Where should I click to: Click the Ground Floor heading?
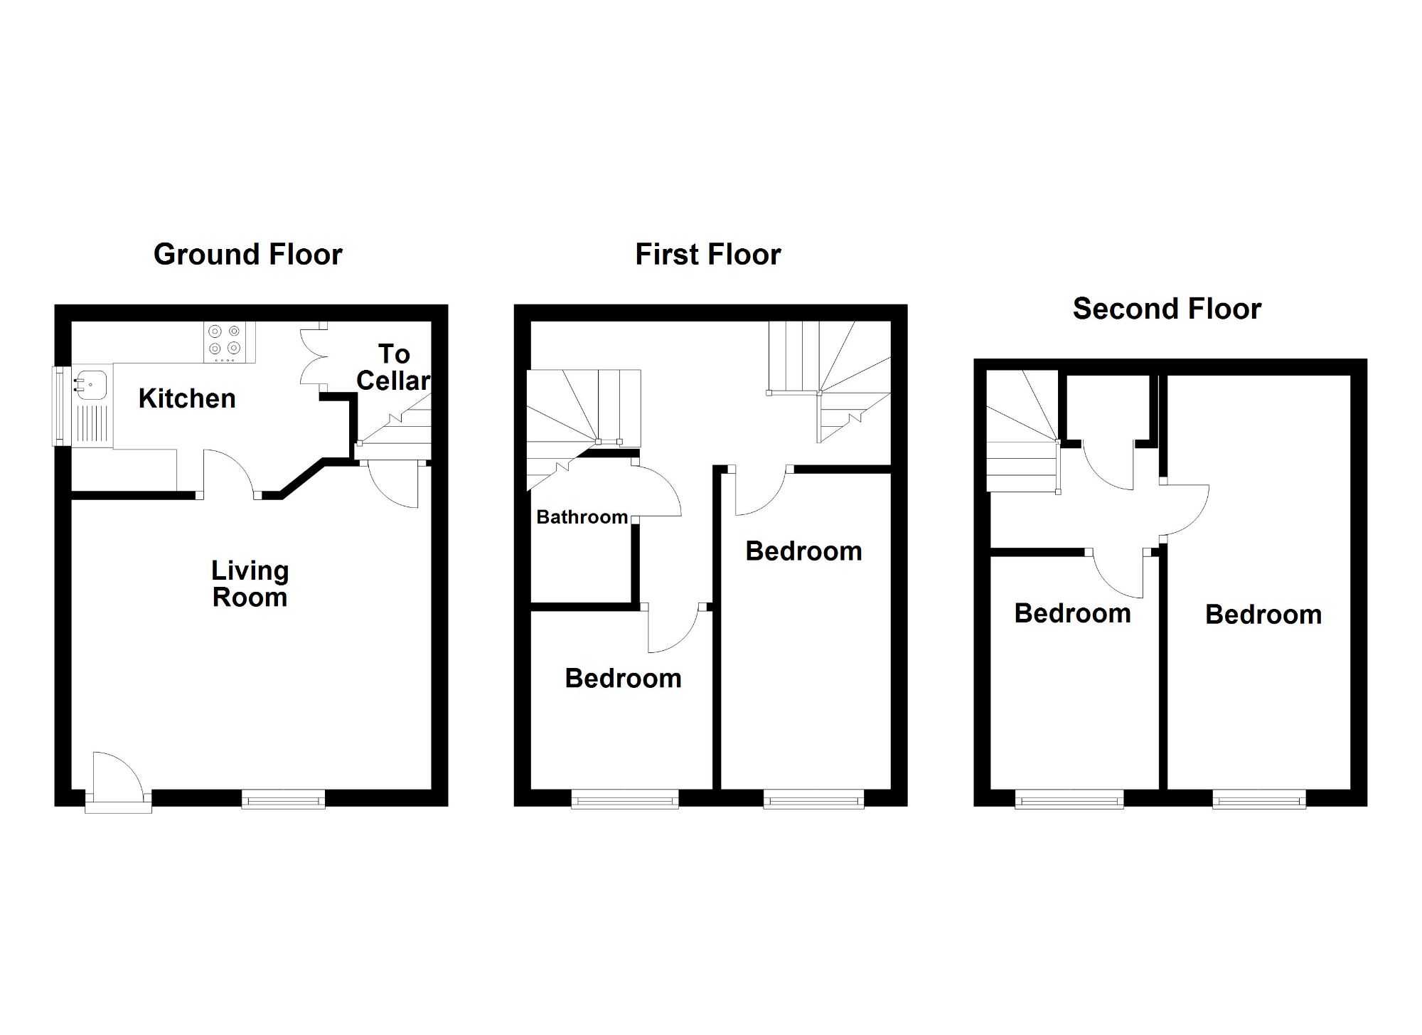(247, 255)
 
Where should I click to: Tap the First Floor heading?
(707, 255)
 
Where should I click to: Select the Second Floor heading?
(1167, 309)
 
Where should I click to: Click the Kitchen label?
(187, 399)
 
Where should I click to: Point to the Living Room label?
(250, 584)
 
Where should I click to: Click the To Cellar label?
(393, 368)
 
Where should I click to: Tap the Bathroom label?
(582, 517)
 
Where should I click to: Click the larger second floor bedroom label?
(1263, 615)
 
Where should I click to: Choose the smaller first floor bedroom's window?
(625, 800)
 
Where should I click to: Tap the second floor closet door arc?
(1108, 468)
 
